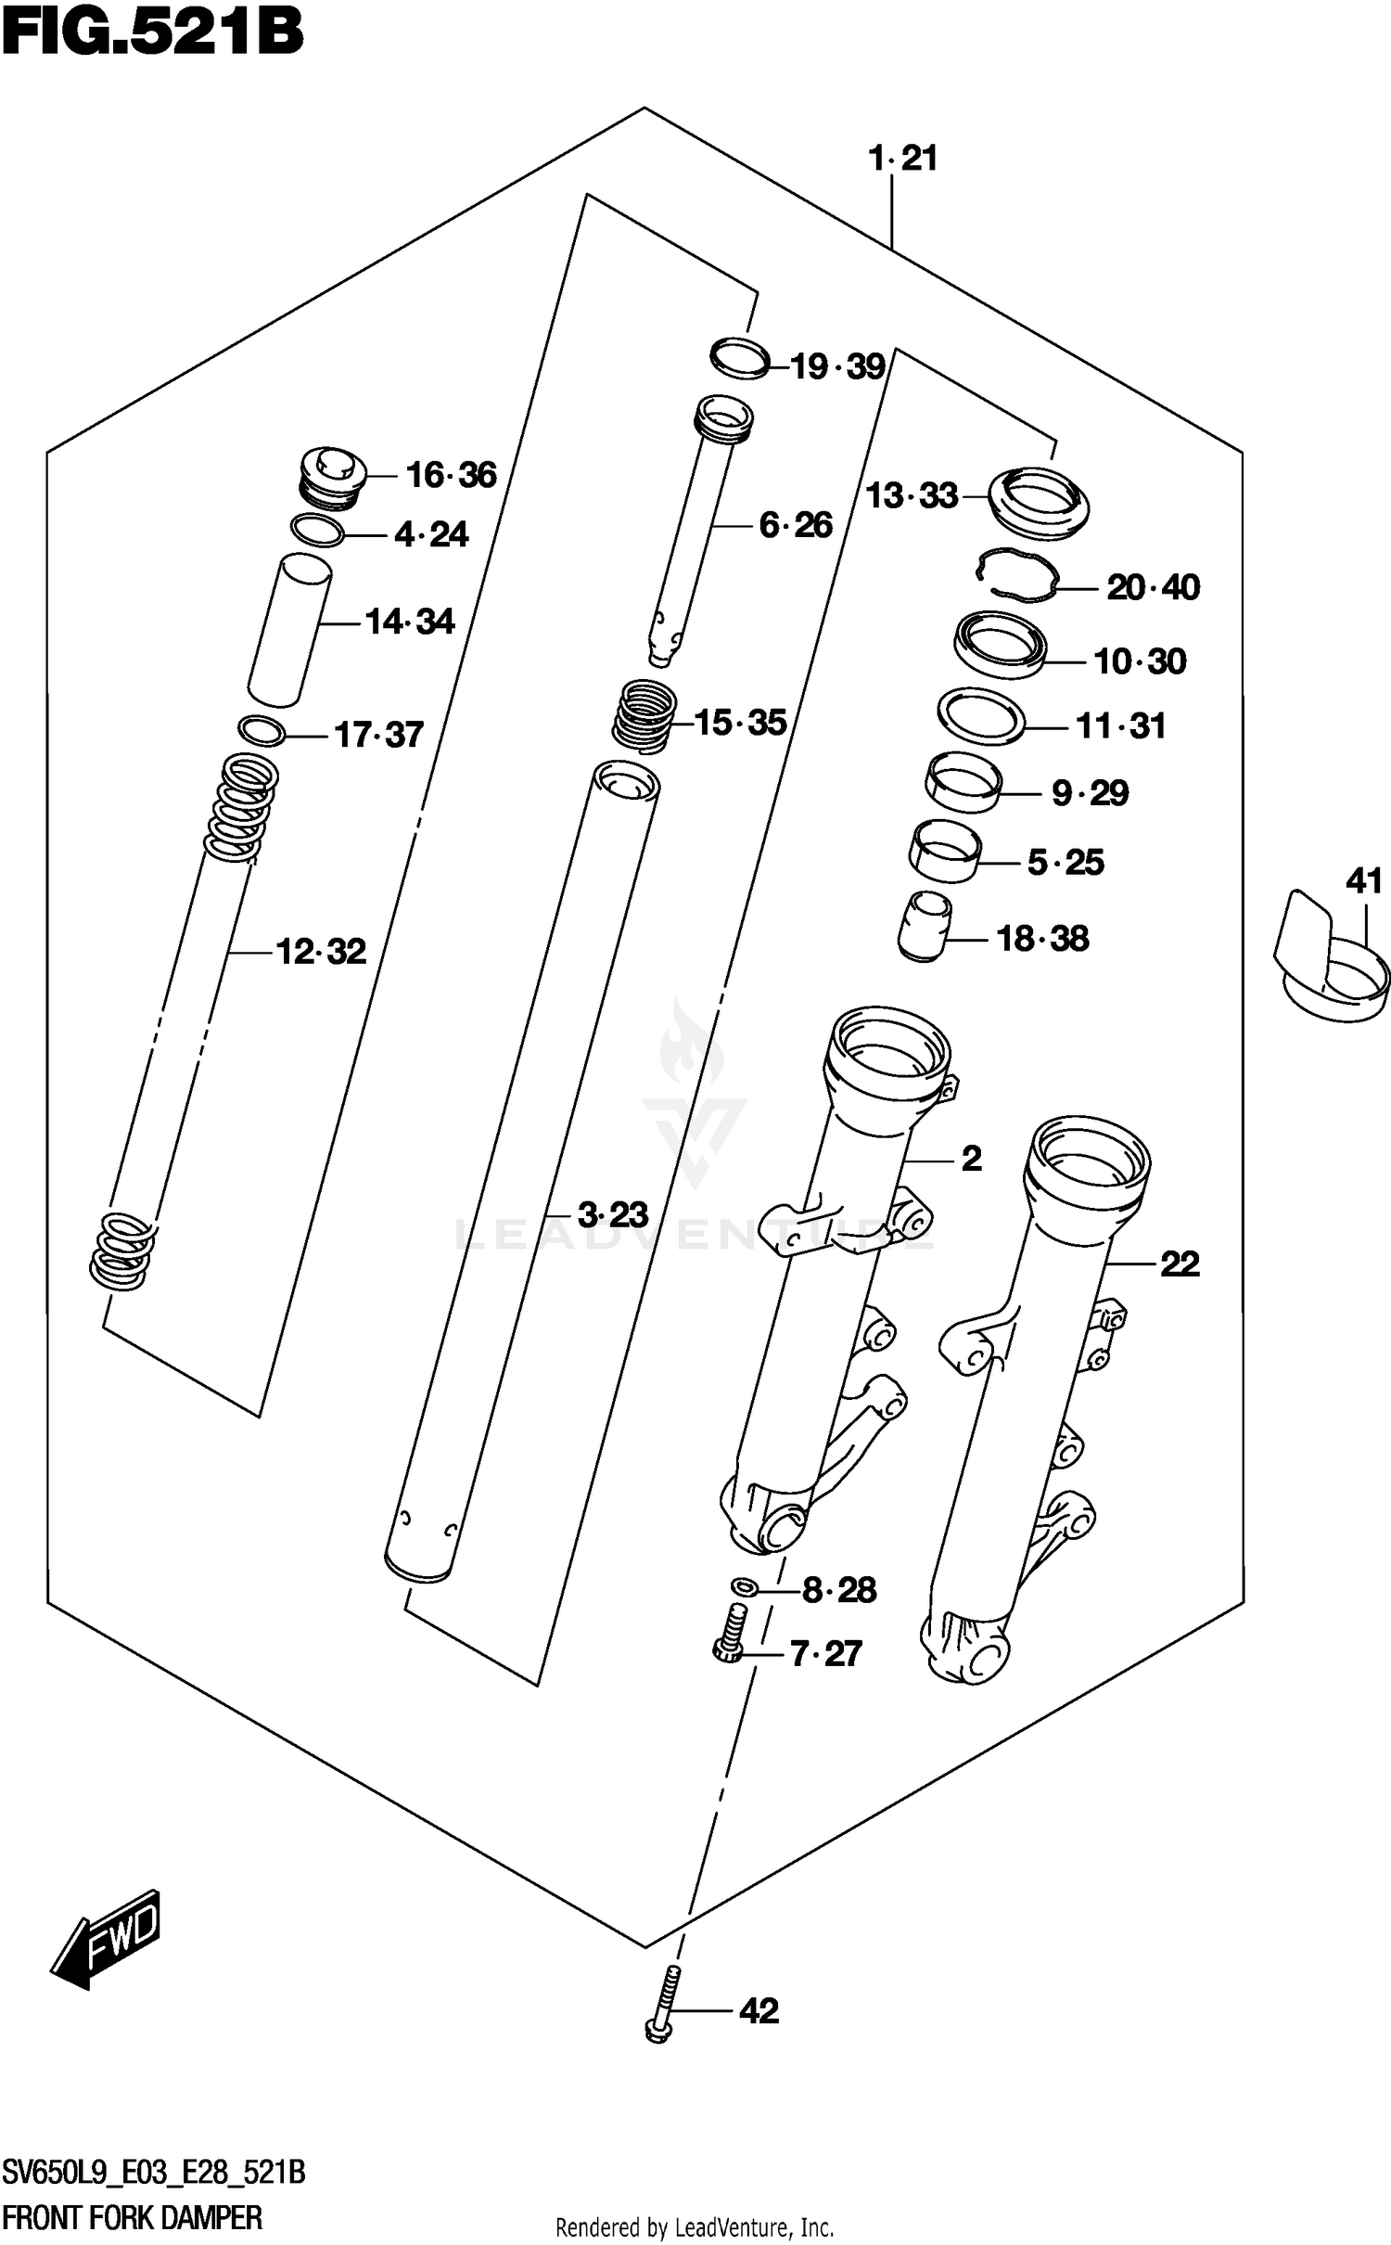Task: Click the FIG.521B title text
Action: (x=153, y=33)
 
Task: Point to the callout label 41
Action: (x=1363, y=880)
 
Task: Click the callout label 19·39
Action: (x=837, y=367)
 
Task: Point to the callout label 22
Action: (x=1180, y=1264)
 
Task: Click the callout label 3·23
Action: (x=612, y=1214)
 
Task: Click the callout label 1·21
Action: (x=902, y=159)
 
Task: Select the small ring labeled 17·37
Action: (x=262, y=731)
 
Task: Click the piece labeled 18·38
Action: (x=925, y=927)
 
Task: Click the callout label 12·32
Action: (x=321, y=952)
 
